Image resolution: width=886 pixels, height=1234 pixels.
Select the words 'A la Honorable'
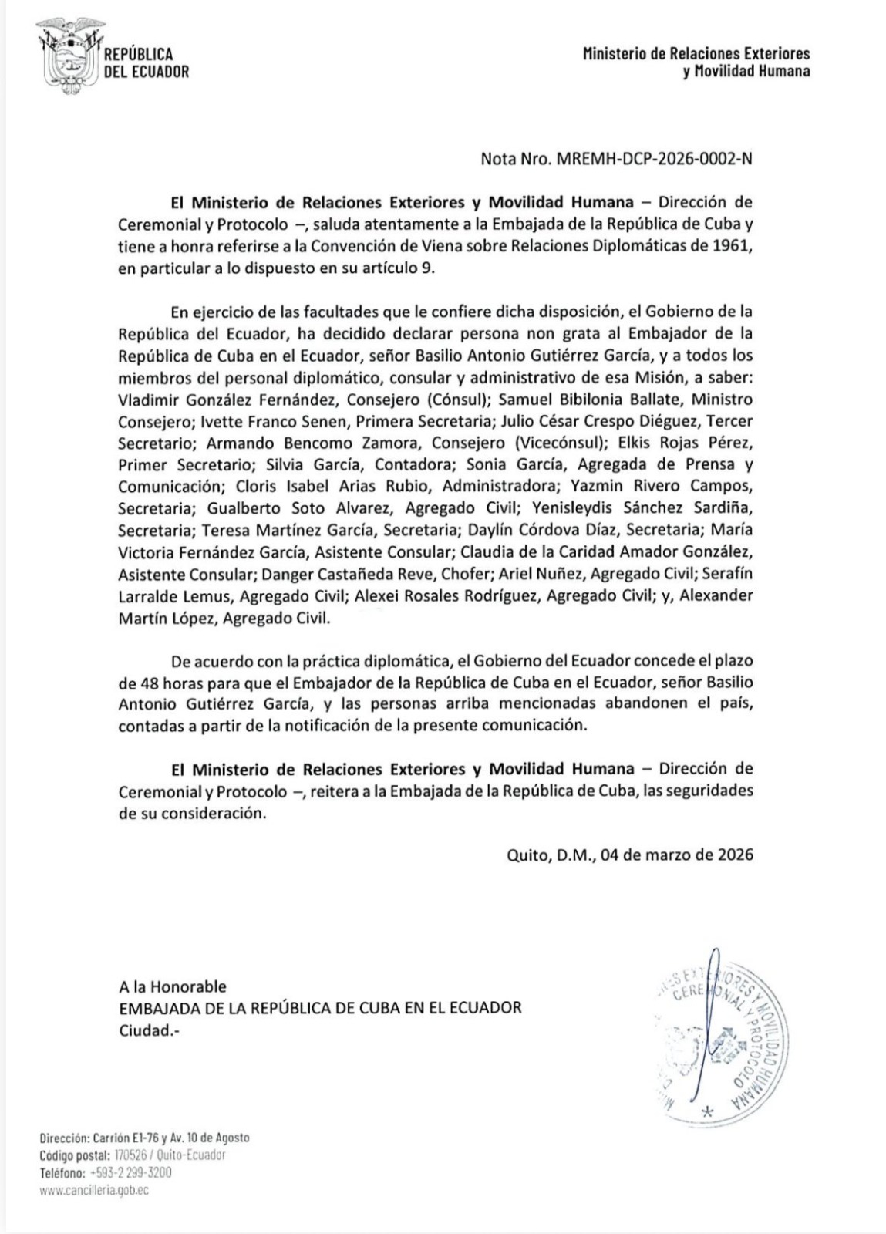click(173, 986)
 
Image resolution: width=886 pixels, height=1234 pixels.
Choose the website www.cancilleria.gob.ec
click(93, 1190)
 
